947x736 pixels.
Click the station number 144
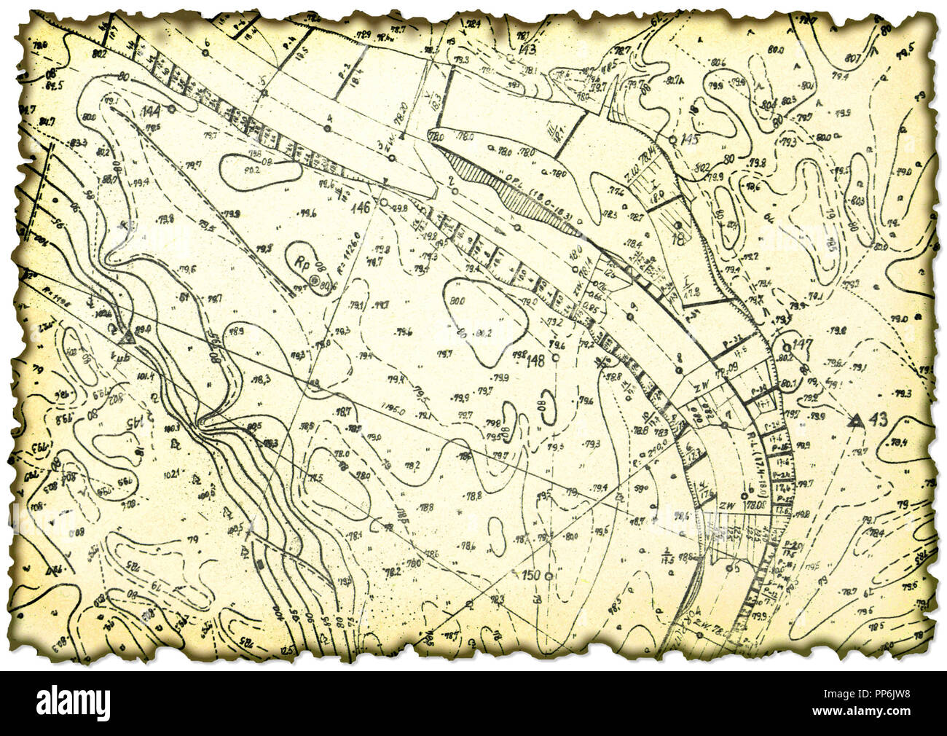click(x=151, y=111)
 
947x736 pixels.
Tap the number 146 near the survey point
click(x=361, y=206)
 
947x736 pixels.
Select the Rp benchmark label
click(x=299, y=260)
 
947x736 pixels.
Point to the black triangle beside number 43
click(x=857, y=420)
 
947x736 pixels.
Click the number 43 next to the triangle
click(x=879, y=419)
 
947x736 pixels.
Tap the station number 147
click(x=802, y=343)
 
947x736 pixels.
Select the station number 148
click(x=535, y=361)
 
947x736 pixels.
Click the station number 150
click(x=531, y=576)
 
